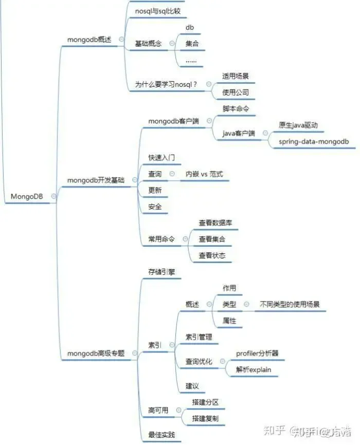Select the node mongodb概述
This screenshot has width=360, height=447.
coord(89,40)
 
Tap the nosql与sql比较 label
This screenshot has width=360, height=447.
coord(158,11)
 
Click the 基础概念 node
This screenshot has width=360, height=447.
coord(148,44)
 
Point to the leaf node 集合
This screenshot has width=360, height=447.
coord(192,44)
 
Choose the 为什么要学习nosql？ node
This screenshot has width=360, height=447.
coord(166,84)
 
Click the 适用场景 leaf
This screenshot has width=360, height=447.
coord(236,76)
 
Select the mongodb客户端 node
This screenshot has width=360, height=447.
coord(174,121)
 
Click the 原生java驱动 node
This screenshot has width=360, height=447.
coord(298,125)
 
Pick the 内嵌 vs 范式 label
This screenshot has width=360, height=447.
coord(205,174)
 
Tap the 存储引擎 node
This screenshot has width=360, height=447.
coord(161,271)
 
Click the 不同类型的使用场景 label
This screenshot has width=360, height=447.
coord(290,305)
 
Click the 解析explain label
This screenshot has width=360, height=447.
coord(254,369)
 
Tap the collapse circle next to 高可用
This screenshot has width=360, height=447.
coord(178,411)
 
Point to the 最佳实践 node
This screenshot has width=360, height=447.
coord(161,435)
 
